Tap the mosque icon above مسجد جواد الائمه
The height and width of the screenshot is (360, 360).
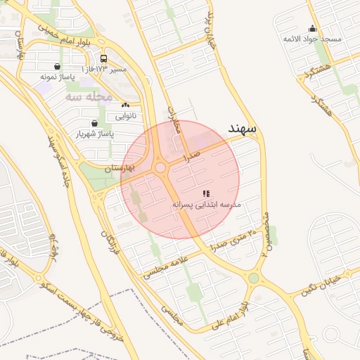click(x=312, y=29)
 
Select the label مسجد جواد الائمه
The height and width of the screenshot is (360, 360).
click(x=311, y=39)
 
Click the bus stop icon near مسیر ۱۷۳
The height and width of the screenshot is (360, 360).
click(x=104, y=59)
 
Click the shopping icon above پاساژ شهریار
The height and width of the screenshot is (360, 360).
click(x=94, y=122)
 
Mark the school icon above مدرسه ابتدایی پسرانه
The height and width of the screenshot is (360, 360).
click(x=206, y=193)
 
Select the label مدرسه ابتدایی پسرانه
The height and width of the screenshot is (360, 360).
click(x=207, y=204)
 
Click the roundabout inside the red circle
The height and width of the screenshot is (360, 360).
click(x=160, y=167)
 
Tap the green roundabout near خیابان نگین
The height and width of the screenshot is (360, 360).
click(x=253, y=278)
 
